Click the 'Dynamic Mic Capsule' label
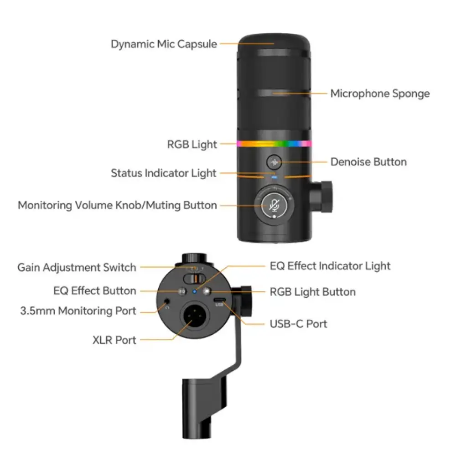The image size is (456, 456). (164, 44)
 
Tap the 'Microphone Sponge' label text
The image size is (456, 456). (380, 93)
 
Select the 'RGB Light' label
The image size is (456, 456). (192, 145)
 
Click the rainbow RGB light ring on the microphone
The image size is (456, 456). (274, 144)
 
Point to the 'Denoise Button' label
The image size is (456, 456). (368, 162)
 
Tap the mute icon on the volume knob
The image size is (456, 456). (274, 205)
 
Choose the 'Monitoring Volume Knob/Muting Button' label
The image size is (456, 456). (117, 205)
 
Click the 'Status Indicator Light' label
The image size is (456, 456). (164, 173)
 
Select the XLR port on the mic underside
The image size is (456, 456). (196, 318)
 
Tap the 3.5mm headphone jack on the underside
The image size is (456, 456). (167, 301)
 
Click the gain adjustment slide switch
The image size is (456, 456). (194, 279)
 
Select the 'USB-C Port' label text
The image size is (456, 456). (298, 324)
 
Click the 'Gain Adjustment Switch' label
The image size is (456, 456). (77, 267)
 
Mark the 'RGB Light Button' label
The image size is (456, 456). (312, 291)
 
